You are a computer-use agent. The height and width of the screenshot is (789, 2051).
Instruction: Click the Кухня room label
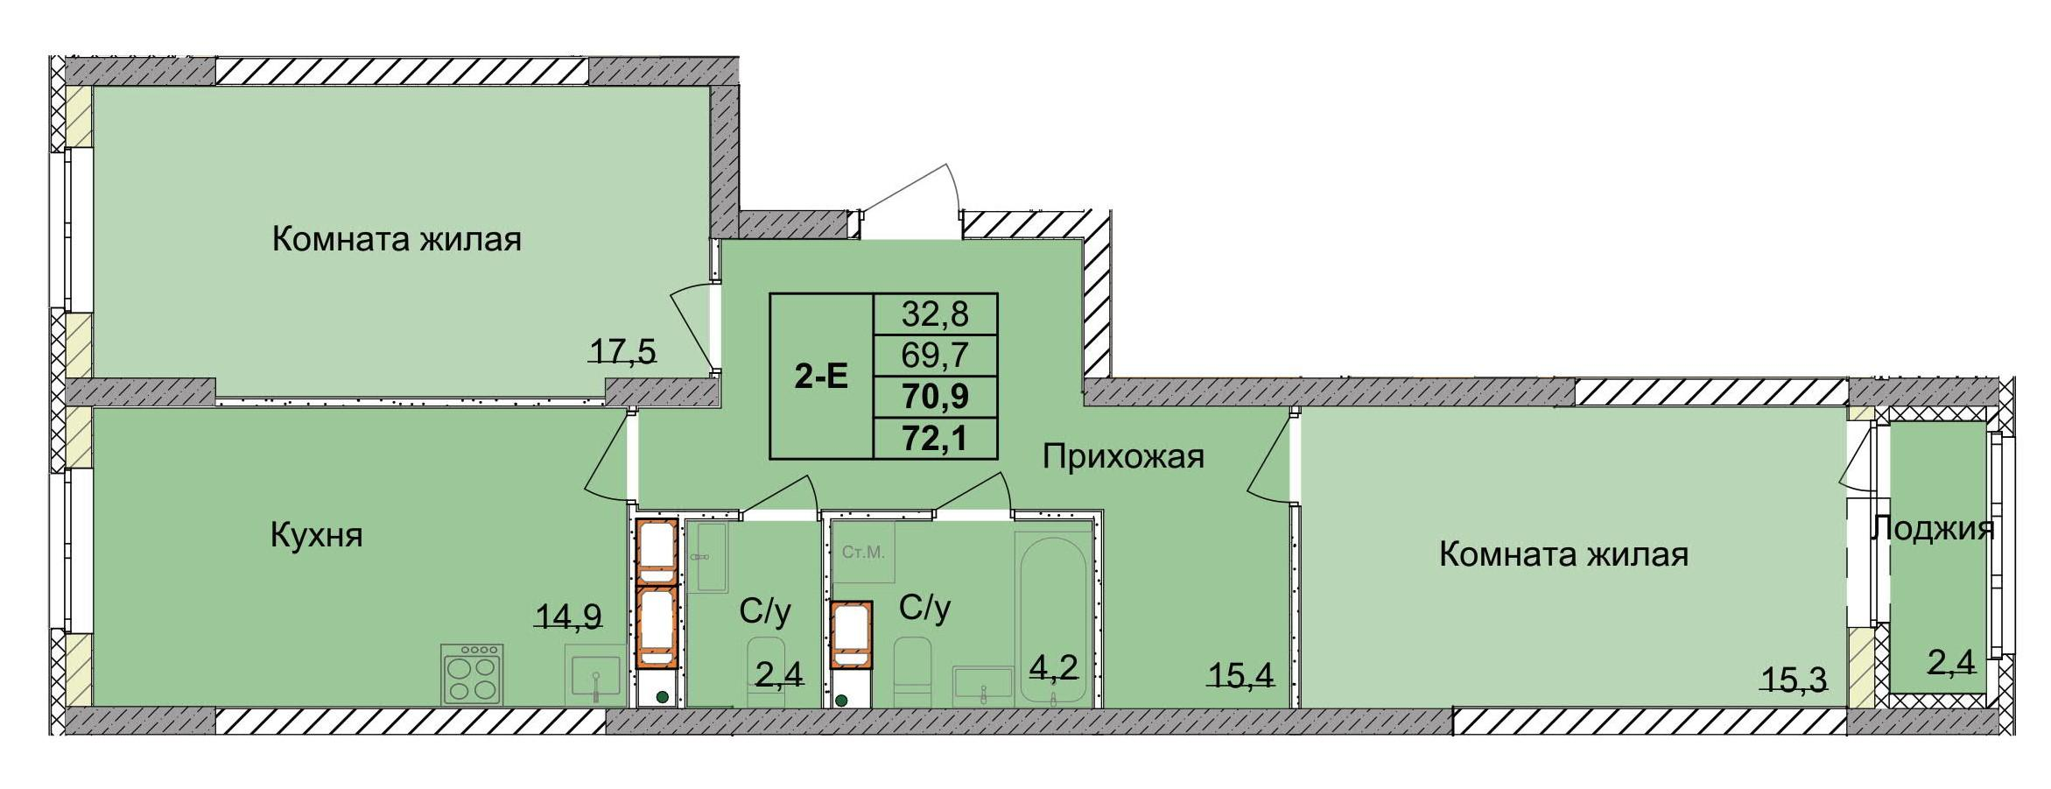316,535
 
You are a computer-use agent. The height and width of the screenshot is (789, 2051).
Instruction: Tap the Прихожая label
1123,456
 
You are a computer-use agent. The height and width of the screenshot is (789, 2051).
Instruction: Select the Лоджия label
1933,528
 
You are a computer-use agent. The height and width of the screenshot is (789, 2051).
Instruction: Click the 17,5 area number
622,352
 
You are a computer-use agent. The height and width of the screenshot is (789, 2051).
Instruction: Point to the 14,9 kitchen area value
569,617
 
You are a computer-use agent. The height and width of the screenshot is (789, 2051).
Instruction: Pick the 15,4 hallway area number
1240,674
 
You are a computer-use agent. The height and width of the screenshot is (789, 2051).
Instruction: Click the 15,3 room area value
1795,679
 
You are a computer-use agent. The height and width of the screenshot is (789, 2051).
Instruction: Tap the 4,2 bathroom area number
1053,667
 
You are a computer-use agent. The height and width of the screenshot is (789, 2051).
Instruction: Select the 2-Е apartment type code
821,377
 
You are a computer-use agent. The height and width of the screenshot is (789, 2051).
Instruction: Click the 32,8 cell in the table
935,313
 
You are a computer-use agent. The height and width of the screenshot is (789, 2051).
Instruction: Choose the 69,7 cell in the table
935,356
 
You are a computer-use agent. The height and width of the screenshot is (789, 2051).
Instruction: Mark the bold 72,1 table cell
935,438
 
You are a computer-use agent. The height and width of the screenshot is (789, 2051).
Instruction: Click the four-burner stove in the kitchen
473,674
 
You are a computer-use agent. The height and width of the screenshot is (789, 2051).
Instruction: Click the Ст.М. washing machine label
863,553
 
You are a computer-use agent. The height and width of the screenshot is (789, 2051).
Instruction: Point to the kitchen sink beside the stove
595,676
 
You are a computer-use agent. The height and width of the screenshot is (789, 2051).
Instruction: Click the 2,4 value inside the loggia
1951,663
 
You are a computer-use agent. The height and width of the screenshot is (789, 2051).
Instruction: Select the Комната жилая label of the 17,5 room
397,239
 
